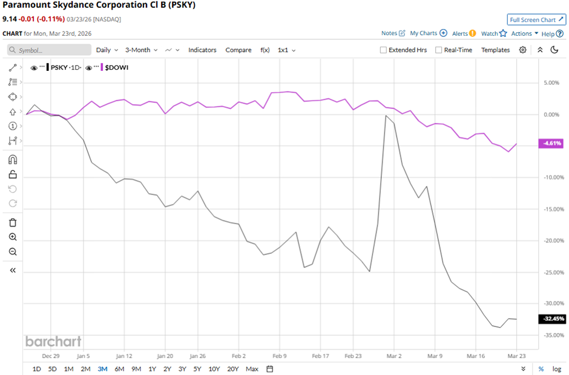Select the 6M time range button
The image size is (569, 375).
tap(119, 369)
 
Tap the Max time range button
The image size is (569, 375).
tap(252, 369)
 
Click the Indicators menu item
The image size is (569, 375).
tap(202, 50)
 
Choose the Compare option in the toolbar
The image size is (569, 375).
tap(238, 50)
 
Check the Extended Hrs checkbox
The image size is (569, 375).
tap(383, 50)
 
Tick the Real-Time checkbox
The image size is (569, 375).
tap(438, 50)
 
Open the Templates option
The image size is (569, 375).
tap(495, 50)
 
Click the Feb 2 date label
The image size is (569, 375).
tap(238, 356)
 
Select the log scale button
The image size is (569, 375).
tap(556, 369)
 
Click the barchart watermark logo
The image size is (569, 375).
tap(53, 342)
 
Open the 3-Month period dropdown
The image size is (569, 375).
tap(141, 50)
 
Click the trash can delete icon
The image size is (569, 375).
tap(13, 222)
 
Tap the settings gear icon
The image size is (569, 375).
tap(522, 50)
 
